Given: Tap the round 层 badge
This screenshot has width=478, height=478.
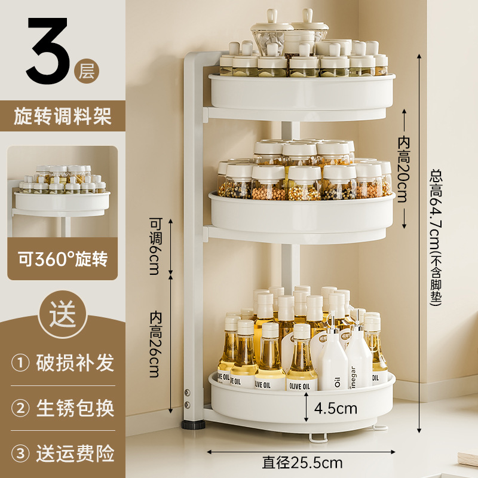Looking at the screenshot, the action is coord(87,71).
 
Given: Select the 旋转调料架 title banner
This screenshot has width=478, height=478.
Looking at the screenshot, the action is coord(63,116).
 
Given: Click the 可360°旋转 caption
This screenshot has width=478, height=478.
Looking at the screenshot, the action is coord(63,259).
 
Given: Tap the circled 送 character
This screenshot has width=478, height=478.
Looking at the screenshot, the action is coord(63,314).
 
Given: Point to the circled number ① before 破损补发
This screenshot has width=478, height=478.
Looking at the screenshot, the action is coord(20,363).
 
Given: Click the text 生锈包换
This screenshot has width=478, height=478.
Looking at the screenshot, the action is coord(75,408).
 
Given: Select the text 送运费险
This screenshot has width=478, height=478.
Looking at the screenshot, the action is coord(75,454).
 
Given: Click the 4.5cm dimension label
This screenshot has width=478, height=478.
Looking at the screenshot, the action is coord(336,408).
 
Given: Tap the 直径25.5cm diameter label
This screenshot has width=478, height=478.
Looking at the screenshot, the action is coord(302,462).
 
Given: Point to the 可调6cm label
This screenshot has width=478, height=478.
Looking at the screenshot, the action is coord(155,246).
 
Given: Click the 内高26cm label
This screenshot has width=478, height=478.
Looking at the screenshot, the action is coord(155,344).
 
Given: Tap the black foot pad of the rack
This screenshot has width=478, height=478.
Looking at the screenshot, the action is coord(192,425).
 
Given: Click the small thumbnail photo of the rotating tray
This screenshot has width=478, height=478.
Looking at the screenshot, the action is coord(63,191).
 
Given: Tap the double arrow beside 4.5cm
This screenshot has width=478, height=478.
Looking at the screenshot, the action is coord(307,407).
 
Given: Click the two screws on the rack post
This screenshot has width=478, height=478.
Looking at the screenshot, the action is coord(187,399).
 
